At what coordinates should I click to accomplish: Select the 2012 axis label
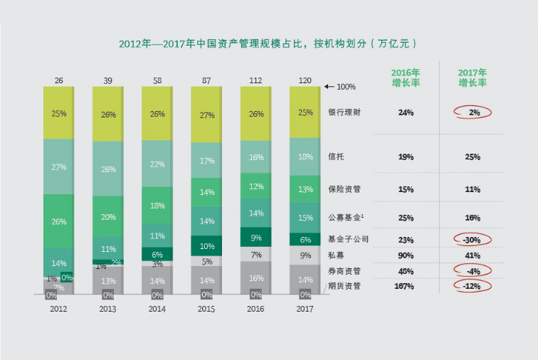click(58, 309)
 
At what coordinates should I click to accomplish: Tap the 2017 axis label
click(305, 309)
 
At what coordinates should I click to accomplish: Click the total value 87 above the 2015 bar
click(206, 80)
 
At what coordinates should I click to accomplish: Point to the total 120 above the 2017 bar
click(305, 80)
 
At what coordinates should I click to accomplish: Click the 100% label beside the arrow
click(345, 87)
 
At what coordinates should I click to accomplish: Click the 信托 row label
click(337, 157)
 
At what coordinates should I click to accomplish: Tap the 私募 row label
click(337, 255)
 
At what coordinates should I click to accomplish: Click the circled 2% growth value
click(473, 112)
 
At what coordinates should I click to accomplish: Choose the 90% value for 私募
click(406, 255)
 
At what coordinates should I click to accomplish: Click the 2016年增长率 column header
click(406, 78)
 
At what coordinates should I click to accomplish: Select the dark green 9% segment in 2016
click(255, 238)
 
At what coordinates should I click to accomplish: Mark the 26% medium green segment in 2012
click(58, 221)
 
